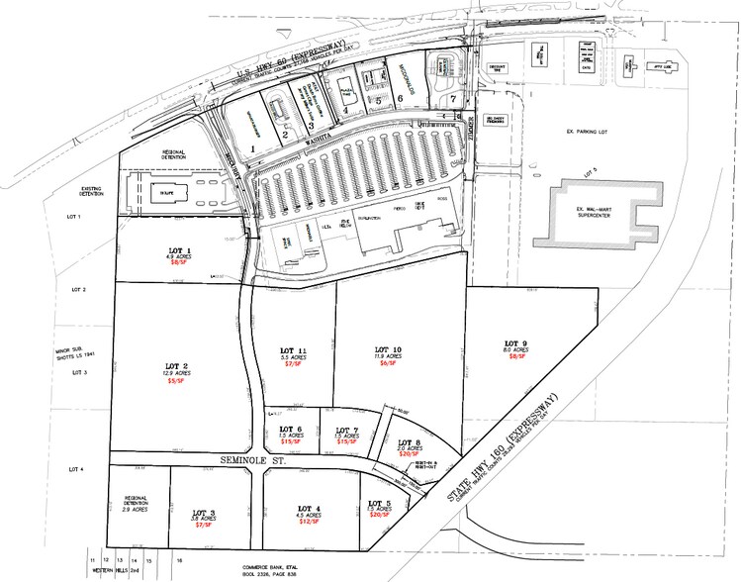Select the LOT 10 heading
388,350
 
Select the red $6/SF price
388,364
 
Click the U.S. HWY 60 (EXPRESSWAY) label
297,59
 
